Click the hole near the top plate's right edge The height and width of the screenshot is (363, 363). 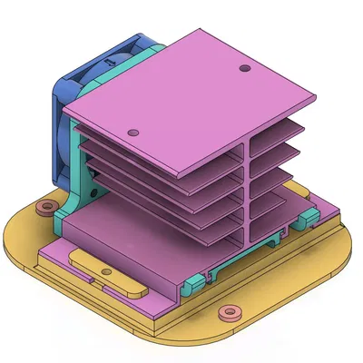tap(242, 68)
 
